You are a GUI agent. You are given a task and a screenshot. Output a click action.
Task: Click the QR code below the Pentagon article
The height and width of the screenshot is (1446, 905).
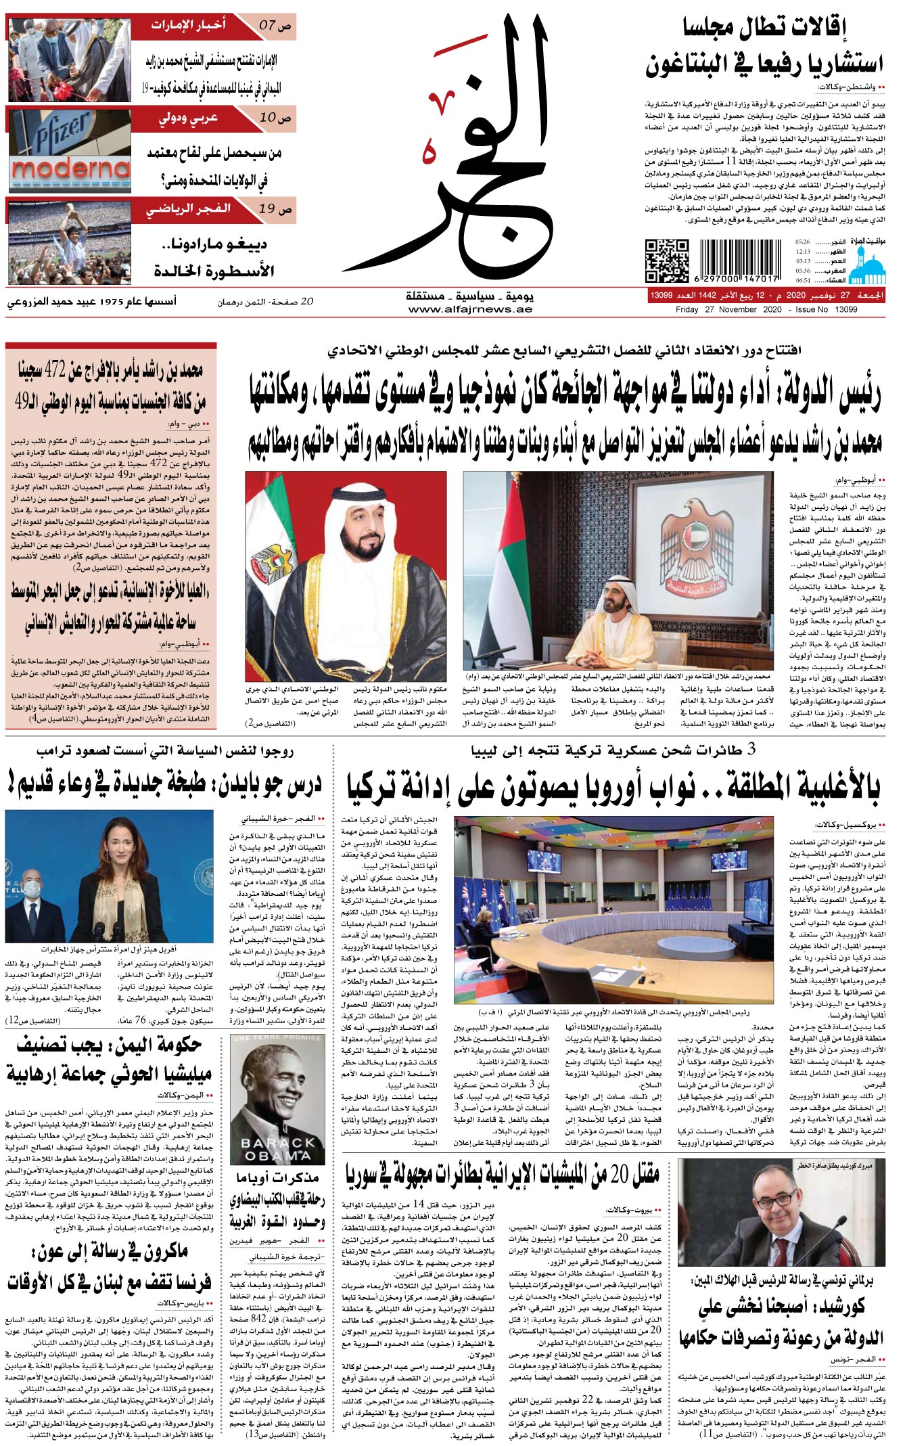pos(666,261)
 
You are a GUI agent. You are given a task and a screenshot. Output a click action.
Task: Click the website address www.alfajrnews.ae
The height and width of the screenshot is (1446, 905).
pos(470,309)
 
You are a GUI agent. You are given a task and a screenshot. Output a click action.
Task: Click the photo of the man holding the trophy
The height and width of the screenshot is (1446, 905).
pos(70,240)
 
